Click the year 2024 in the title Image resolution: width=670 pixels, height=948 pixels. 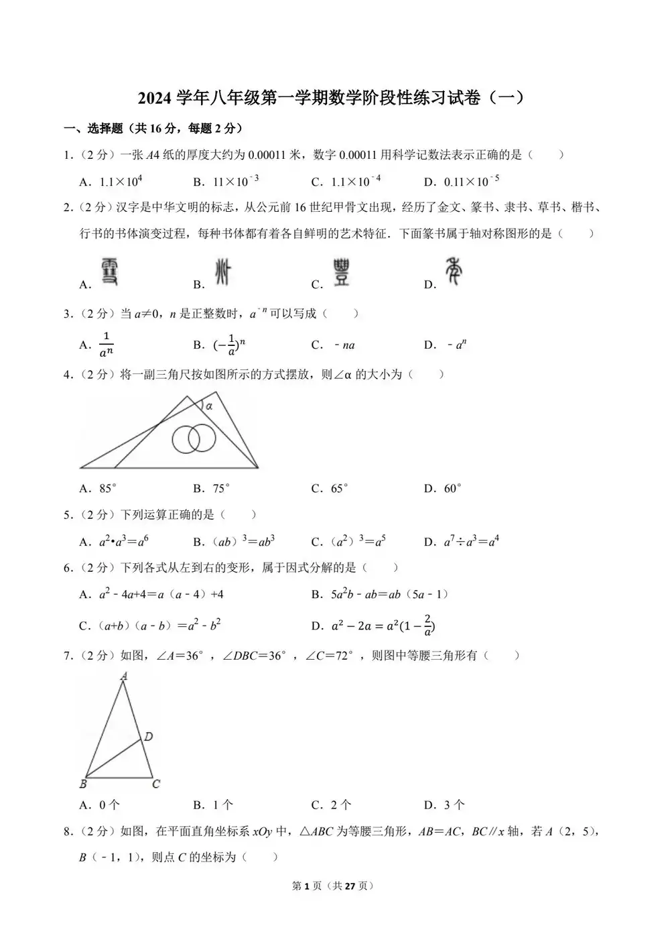[x=155, y=98]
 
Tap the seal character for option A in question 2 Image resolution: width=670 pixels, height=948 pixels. [x=109, y=273]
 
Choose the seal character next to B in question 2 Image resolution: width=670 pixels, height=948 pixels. [x=222, y=273]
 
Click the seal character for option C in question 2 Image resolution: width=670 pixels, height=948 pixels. [x=342, y=273]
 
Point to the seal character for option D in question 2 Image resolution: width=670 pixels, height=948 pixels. [x=454, y=272]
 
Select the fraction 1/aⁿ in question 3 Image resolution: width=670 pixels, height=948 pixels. [x=106, y=345]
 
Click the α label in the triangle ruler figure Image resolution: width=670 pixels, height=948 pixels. [x=208, y=406]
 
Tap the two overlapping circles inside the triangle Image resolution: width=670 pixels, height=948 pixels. [x=194, y=439]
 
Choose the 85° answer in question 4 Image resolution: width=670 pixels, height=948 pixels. [x=108, y=489]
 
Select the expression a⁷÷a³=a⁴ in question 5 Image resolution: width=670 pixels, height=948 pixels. [x=471, y=542]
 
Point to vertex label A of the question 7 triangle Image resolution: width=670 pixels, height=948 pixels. [x=124, y=677]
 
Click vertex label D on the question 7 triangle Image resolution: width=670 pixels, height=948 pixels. [x=149, y=737]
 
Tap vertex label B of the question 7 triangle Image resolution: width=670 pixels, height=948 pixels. [x=83, y=784]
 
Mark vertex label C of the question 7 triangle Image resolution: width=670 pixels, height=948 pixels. [x=155, y=784]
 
